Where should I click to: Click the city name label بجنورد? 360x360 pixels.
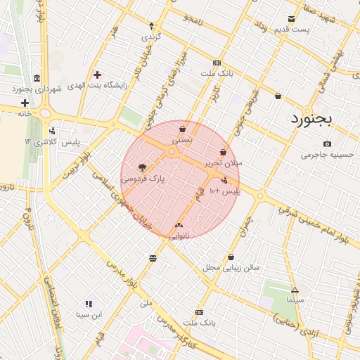[320, 118]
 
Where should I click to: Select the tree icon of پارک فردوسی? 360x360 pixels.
[143, 167]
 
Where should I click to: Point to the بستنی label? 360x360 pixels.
[181, 141]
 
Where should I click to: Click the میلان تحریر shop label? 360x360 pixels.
[223, 162]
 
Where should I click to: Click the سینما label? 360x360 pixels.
[295, 300]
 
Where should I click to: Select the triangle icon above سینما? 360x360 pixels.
[295, 290]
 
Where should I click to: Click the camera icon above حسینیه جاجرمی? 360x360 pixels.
[328, 144]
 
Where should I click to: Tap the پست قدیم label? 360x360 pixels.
[292, 29]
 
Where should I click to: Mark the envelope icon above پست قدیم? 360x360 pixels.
[292, 18]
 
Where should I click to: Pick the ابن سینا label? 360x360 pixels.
[89, 314]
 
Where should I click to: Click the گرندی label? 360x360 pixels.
[152, 35]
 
